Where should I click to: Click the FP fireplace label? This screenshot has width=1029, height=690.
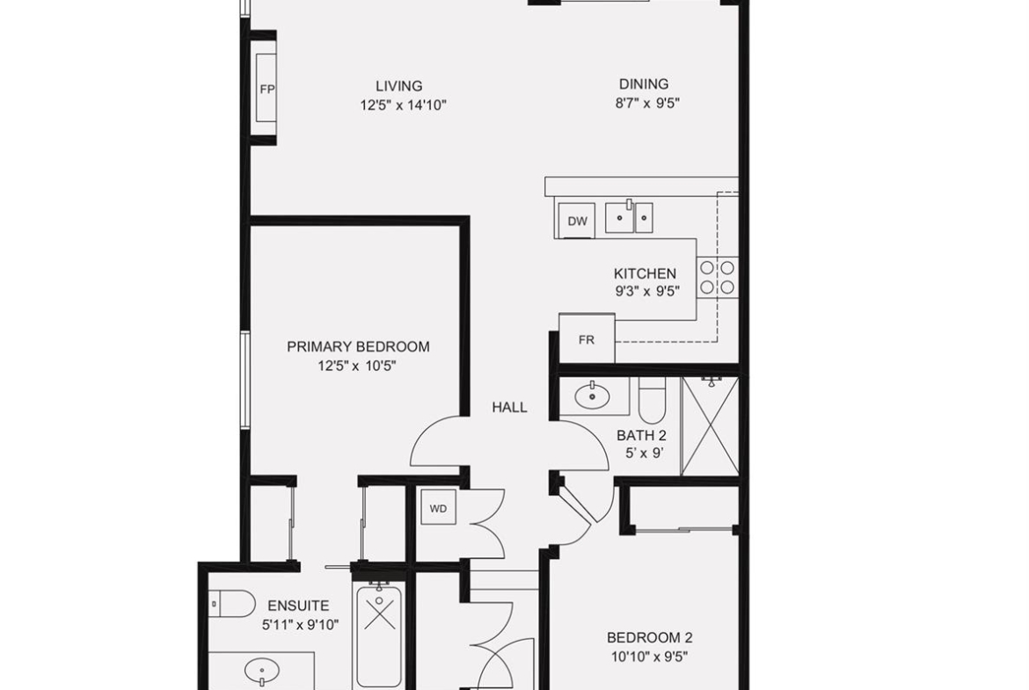[266, 89]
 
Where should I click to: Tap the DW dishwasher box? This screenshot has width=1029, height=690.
[577, 221]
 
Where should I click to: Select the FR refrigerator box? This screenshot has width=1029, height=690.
[587, 339]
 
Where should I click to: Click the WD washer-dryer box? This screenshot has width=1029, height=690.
[438, 508]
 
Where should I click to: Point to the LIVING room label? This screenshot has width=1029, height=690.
[399, 86]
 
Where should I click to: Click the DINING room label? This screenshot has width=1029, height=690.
[644, 84]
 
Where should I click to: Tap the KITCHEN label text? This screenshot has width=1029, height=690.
[645, 273]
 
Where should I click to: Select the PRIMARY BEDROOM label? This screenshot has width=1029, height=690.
[358, 346]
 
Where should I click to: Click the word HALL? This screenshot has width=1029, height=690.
[509, 407]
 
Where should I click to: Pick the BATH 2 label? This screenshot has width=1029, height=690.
[641, 435]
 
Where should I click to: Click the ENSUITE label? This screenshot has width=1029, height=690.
[299, 606]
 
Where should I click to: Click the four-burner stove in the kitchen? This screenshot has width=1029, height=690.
[718, 277]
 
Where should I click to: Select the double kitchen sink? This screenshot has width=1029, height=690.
[629, 218]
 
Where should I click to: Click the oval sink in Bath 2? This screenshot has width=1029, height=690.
[592, 396]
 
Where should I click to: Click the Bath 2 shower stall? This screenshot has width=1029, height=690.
[710, 425]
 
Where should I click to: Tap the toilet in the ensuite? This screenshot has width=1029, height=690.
[232, 604]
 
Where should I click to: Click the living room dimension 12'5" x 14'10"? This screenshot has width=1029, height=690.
[403, 105]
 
